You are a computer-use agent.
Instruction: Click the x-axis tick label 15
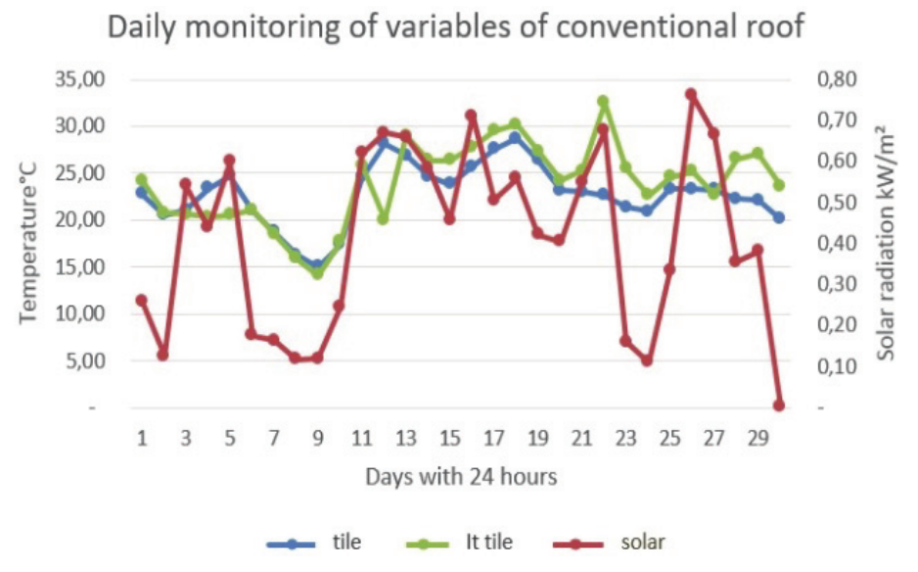pyautogui.click(x=448, y=436)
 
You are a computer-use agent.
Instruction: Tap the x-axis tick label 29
pyautogui.click(x=757, y=436)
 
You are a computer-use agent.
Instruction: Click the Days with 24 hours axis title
pyautogui.click(x=460, y=477)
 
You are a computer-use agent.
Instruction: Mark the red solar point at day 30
pyautogui.click(x=779, y=405)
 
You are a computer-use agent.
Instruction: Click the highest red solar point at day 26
pyautogui.click(x=691, y=95)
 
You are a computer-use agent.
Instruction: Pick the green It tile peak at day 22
pyautogui.click(x=603, y=102)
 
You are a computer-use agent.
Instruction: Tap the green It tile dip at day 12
pyautogui.click(x=384, y=218)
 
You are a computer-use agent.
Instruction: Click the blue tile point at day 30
pyautogui.click(x=779, y=217)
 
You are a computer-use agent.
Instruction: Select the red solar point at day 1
pyautogui.click(x=142, y=300)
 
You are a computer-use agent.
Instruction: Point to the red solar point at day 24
pyautogui.click(x=647, y=360)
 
